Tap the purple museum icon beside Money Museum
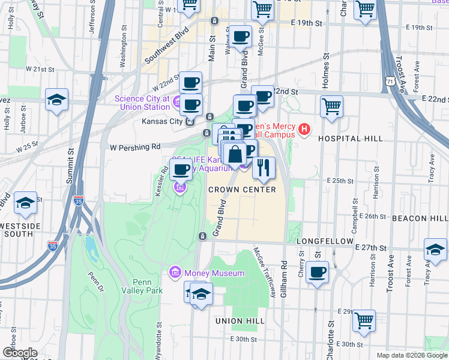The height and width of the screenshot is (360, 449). pos(175,274)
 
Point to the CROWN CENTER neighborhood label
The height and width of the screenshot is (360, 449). pos(242,190)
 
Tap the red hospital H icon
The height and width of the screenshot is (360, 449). pos(305,129)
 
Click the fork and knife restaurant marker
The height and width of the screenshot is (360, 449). pos(263,168)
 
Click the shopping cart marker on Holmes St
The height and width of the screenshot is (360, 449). pos(331,106)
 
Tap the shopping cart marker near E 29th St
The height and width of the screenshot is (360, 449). pos(364,320)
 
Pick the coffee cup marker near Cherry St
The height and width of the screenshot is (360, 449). pos(317,272)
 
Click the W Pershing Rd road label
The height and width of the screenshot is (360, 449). pos(135,146)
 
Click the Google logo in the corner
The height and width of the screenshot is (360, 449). pos(19,353)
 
